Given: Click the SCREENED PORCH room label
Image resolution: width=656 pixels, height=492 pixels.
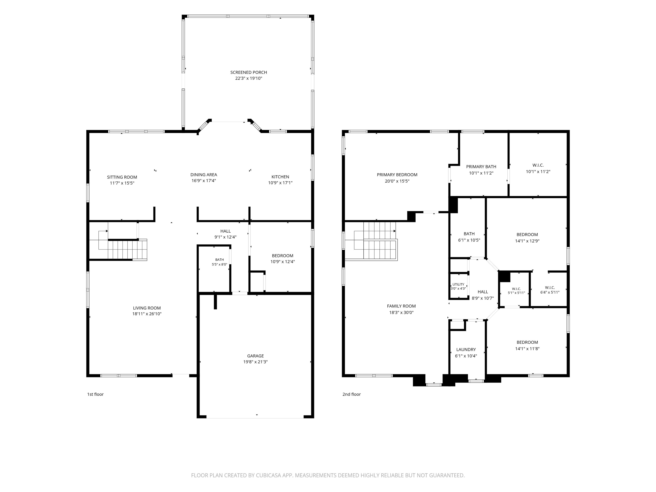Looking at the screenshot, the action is click(249, 72).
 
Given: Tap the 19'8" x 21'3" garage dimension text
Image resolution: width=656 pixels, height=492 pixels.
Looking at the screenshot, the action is click(255, 362).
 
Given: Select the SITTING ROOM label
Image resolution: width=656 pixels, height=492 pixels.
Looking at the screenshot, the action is click(122, 177).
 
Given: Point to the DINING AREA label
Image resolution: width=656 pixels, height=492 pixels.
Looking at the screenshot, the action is click(204, 175).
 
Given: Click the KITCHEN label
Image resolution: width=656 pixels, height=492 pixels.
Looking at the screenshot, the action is click(280, 177).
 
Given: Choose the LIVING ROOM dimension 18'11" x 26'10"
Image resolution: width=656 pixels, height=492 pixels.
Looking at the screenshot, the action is click(147, 314).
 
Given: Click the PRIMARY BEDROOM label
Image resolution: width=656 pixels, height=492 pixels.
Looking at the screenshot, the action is click(397, 175).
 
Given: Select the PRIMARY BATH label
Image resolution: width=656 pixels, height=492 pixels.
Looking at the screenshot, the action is click(481, 167).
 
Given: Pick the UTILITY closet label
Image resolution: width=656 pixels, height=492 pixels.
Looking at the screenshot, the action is click(458, 284).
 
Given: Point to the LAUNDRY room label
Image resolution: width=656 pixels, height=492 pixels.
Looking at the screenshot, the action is click(466, 350).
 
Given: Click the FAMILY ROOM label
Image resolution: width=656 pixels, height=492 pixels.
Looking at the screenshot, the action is click(401, 306).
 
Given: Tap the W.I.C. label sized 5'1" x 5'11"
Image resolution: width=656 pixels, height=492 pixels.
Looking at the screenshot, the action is click(516, 289).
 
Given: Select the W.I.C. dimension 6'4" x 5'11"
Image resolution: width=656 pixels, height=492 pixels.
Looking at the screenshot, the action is click(550, 292).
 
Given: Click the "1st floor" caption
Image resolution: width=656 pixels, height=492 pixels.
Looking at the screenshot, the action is click(95, 394).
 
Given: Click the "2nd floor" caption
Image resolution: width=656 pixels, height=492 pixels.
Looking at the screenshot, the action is click(351, 394).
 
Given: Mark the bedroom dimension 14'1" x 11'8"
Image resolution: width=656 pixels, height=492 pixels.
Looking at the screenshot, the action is click(527, 349).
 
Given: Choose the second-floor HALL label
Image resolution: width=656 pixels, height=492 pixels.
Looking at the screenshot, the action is click(483, 292).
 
